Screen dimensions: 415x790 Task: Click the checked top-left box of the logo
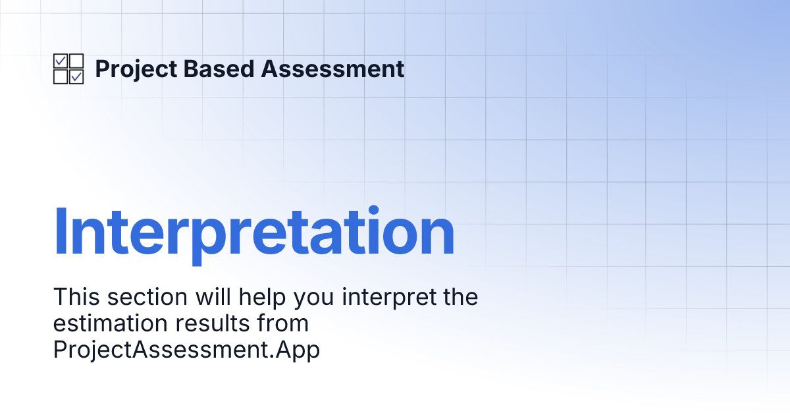click(x=61, y=61)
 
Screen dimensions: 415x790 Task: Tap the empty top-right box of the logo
click(x=76, y=61)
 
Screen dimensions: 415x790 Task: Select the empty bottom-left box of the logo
click(x=61, y=77)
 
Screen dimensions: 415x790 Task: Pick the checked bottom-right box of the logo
click(x=76, y=77)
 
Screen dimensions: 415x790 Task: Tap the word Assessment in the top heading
click(x=333, y=69)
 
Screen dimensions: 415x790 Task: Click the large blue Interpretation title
click(x=254, y=233)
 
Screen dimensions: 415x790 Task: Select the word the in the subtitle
click(x=461, y=297)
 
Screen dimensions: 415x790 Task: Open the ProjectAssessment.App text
click(x=186, y=350)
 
